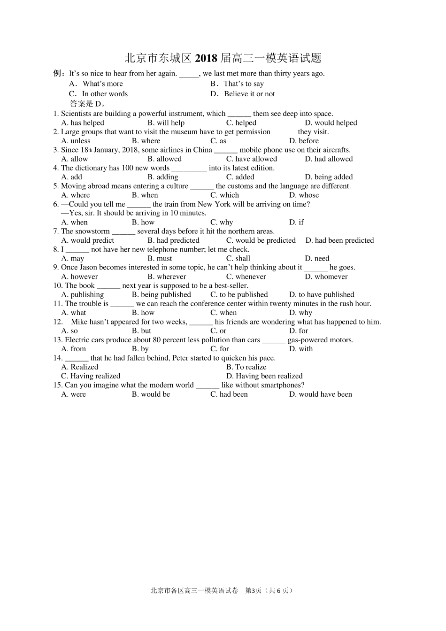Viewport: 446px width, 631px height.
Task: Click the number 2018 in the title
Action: (x=206, y=58)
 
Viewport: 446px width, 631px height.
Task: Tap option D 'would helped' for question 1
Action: (x=331, y=123)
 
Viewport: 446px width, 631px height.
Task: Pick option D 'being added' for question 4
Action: (x=329, y=177)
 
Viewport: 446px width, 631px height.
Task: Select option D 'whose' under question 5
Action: (x=304, y=195)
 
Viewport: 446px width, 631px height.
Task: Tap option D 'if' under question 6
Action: (x=296, y=222)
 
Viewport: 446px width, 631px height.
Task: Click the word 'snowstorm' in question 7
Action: (x=92, y=231)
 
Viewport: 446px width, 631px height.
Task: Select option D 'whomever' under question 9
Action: (x=326, y=277)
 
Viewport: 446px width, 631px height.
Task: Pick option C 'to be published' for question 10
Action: (x=239, y=294)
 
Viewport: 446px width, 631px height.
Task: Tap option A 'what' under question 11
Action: (x=74, y=313)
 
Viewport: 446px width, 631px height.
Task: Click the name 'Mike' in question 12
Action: (x=79, y=322)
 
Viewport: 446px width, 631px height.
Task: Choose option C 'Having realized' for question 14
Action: (x=91, y=376)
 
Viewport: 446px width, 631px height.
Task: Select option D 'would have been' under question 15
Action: (x=320, y=394)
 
